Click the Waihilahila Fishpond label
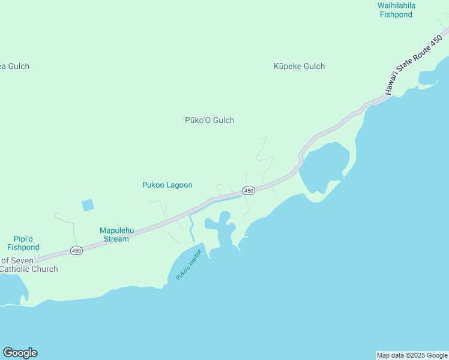tap(396, 10)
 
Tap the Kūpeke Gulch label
tap(299, 66)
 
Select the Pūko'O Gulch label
tap(209, 120)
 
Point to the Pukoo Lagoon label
tap(167, 185)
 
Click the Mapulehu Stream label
tap(114, 235)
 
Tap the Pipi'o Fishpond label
tap(23, 243)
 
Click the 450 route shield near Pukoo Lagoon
tap(249, 191)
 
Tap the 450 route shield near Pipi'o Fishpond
tap(76, 250)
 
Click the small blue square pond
tap(88, 205)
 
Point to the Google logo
tap(20, 353)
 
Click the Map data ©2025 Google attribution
tap(412, 355)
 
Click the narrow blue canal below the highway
tap(191, 229)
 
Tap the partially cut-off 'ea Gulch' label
tap(14, 66)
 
